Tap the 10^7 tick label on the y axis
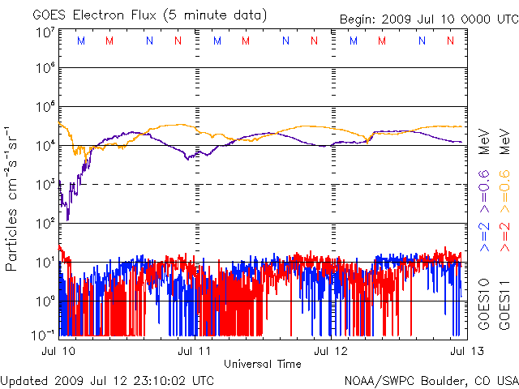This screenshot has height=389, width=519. coord(45,33)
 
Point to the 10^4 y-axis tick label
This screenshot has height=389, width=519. coord(45,144)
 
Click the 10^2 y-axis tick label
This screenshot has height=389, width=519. coord(45,222)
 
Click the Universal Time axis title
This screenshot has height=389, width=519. coord(262,364)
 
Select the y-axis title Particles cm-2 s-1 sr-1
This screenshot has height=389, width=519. coord(14,199)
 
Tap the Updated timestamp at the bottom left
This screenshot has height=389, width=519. coord(108,379)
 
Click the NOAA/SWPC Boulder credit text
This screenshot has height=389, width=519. coord(431,379)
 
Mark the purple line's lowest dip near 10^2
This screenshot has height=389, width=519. coord(68,219)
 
